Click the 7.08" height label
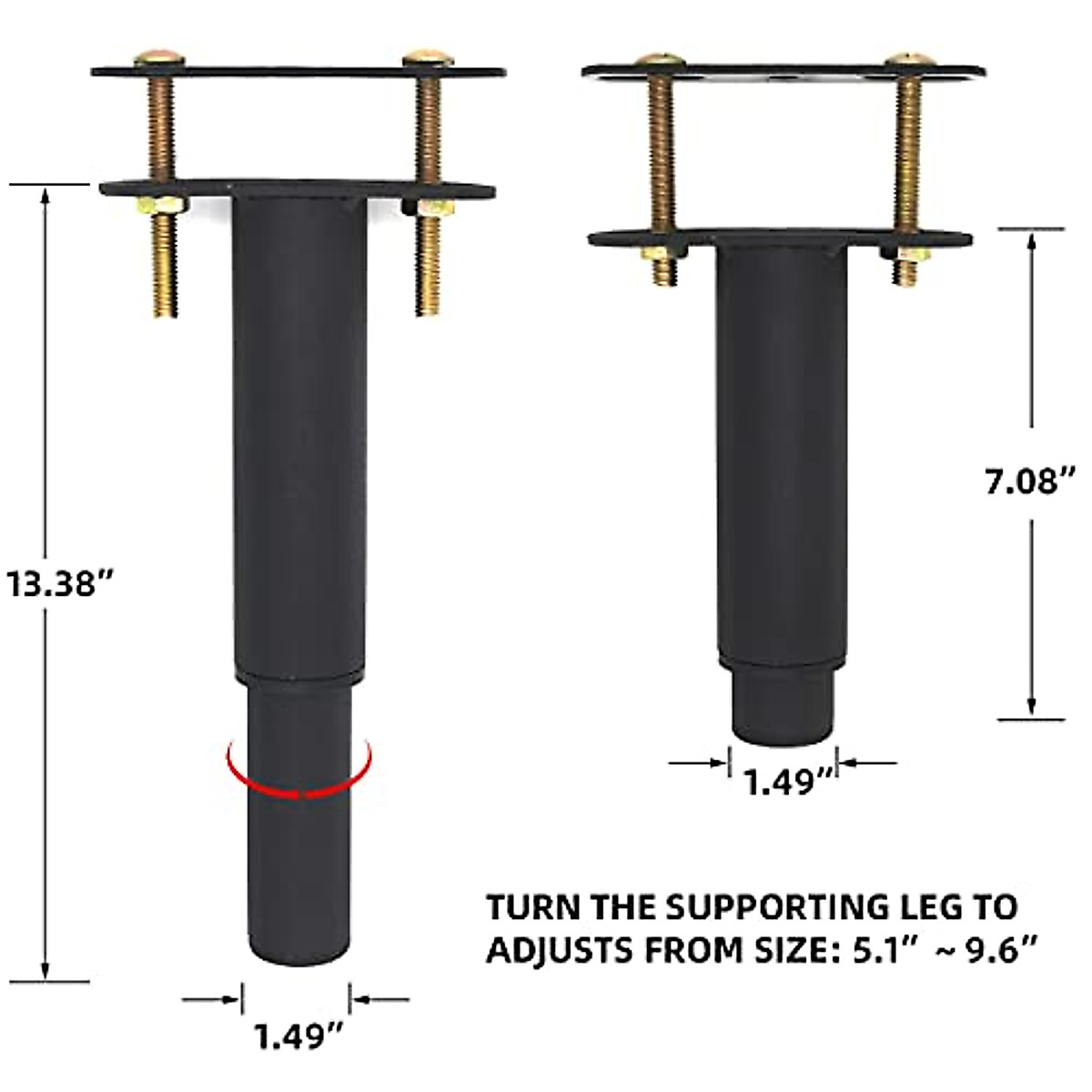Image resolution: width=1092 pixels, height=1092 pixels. coord(1030,480)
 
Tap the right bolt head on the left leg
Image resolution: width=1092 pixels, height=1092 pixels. coord(428,57)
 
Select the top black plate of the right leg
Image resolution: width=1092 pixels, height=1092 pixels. coord(783,71)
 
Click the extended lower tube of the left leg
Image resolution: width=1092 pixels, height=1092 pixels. coord(298,864)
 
